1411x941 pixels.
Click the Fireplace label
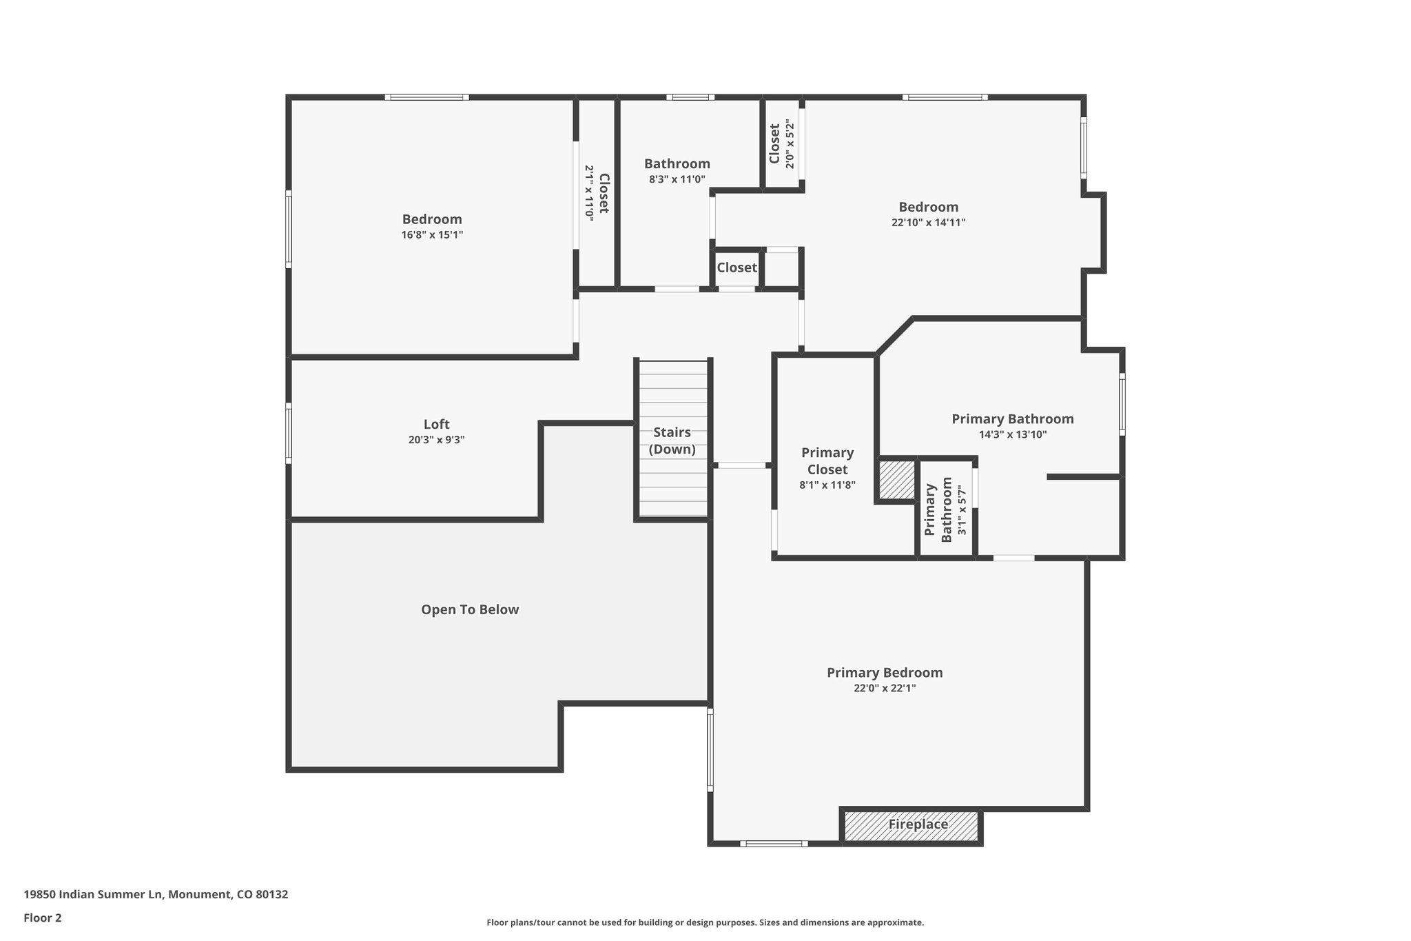(x=918, y=824)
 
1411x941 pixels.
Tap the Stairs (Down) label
(x=672, y=441)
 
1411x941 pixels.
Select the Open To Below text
(x=470, y=609)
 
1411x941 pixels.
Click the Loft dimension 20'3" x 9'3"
(x=436, y=440)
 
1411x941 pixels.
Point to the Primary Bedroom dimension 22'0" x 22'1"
(x=885, y=688)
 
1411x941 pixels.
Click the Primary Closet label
(x=827, y=461)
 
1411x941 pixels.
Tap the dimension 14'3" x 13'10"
(x=1013, y=434)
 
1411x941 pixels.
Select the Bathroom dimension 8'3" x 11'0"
(x=677, y=179)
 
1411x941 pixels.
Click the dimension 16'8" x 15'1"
(x=432, y=234)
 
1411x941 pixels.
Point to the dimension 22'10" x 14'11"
(x=928, y=223)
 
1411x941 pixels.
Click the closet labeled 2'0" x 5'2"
(x=782, y=144)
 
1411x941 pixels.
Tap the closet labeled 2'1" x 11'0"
(x=597, y=192)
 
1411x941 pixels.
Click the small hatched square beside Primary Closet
(x=896, y=480)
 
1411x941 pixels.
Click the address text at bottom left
(x=156, y=894)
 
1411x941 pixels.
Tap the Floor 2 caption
(x=43, y=918)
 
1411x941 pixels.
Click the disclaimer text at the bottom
(x=705, y=922)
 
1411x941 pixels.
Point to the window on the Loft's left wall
(x=289, y=433)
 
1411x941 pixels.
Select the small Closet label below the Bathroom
(x=737, y=267)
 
